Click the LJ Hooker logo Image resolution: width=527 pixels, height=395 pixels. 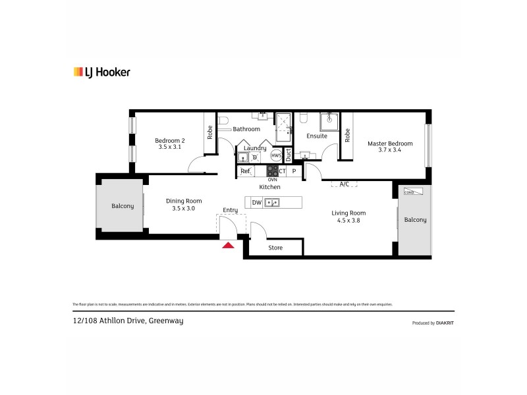point(101,72)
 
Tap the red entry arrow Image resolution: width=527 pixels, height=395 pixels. point(228,246)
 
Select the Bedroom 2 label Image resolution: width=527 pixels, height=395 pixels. point(169,144)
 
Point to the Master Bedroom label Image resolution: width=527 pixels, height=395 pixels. point(390,146)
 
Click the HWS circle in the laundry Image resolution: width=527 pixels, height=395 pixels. point(276,156)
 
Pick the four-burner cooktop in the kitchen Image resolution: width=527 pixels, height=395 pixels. point(272,171)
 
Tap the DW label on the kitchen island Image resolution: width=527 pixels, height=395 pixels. point(256,203)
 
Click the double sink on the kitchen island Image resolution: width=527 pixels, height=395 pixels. point(272,203)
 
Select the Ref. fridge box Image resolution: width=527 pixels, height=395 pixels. point(246,171)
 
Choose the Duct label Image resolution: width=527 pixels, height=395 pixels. point(288,155)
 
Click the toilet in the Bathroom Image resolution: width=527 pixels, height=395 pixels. point(223,121)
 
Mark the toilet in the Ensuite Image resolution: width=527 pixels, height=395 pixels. point(303,118)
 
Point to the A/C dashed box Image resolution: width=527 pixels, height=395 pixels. point(344,184)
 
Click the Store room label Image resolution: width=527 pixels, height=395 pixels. point(275,248)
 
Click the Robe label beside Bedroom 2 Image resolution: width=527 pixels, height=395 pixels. point(210,132)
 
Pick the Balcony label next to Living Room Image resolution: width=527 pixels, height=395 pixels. point(415,220)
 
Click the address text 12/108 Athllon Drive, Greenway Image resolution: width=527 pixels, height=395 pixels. point(128,321)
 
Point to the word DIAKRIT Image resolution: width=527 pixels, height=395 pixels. point(445,323)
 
